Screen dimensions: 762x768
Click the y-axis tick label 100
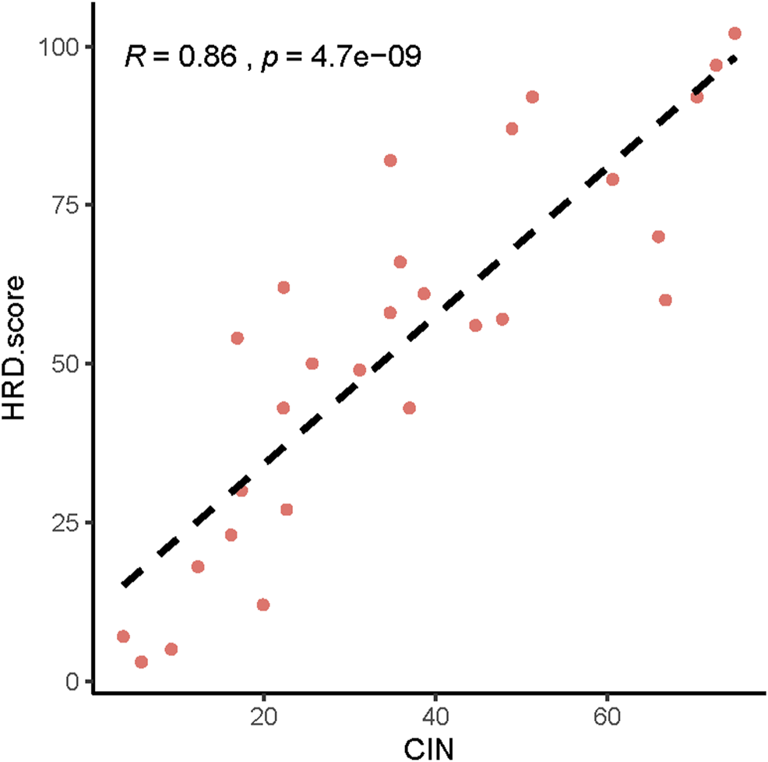(59, 47)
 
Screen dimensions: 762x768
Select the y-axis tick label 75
(65, 205)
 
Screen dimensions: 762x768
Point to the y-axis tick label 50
(65, 364)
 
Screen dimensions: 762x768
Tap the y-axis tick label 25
(65, 523)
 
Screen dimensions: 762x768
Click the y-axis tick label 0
(72, 681)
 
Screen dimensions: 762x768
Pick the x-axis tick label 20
(263, 715)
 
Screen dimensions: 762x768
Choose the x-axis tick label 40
(435, 715)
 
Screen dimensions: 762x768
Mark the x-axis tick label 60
(607, 715)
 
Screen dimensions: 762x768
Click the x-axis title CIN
(430, 749)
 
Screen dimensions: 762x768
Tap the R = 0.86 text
(180, 58)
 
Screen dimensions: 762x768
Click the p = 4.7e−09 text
(341, 58)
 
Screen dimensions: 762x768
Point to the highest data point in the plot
(735, 34)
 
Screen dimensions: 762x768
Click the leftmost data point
(123, 637)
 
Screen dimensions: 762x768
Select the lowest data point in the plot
(141, 662)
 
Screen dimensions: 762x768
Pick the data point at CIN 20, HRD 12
(263, 605)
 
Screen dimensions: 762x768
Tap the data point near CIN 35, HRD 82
(390, 161)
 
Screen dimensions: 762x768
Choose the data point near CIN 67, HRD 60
(665, 300)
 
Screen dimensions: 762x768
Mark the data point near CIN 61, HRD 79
(612, 179)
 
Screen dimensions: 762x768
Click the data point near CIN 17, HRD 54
(238, 338)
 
